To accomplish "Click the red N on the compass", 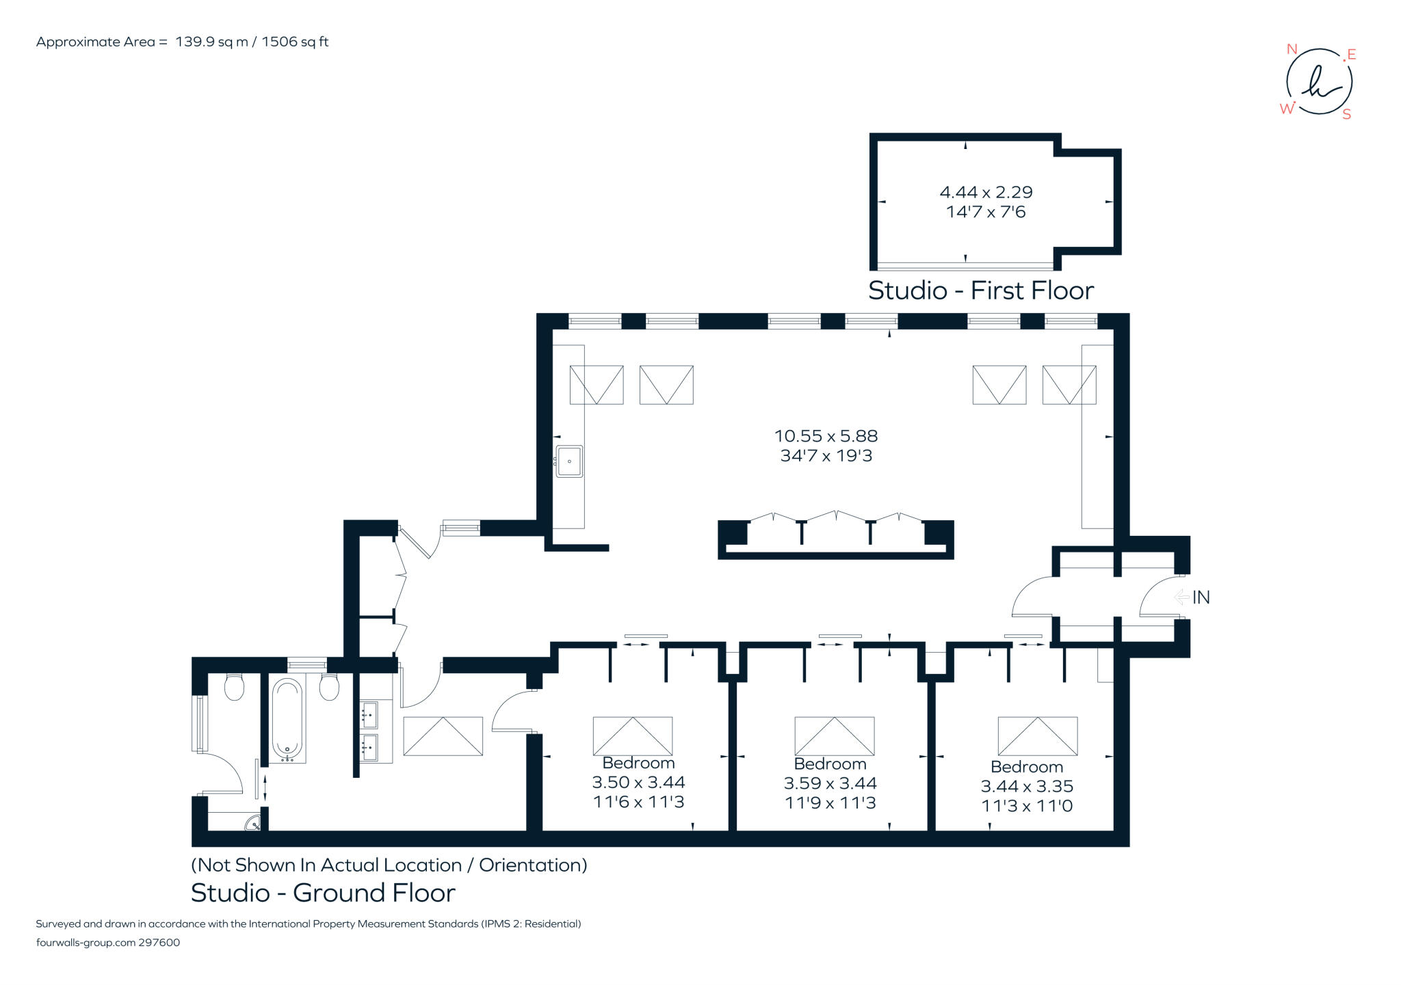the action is pos(1292,49).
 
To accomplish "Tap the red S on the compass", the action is pos(1346,115).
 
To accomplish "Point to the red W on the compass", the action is pos(1287,109).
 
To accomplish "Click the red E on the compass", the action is pos(1351,55).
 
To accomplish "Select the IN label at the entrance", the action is pos(1201,597).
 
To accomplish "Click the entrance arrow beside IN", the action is pos(1181,597).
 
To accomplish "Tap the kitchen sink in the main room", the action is pos(569,461).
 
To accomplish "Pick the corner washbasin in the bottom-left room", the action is pos(254,824).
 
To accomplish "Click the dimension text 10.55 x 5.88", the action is pos(826,436).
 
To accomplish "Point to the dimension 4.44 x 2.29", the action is pos(986,192).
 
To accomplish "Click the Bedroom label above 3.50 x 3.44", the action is pos(638,763).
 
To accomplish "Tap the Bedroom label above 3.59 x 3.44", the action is pos(830,764).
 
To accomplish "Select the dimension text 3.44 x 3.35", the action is pos(1027,786).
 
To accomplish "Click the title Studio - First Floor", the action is pos(980,291).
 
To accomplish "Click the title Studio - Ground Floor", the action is pos(323,893).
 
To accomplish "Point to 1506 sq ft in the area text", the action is pos(295,42).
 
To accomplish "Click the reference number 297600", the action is pos(159,943).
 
